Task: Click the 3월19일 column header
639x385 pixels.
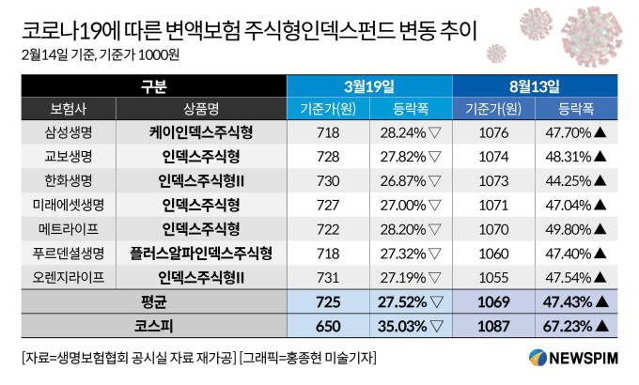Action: coord(369,85)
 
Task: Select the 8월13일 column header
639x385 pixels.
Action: coord(534,85)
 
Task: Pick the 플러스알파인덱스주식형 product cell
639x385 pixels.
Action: coord(200,253)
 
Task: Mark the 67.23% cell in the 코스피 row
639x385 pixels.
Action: coord(574,326)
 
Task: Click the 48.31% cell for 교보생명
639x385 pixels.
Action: coord(574,156)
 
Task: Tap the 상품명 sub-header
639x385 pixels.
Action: coord(200,108)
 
